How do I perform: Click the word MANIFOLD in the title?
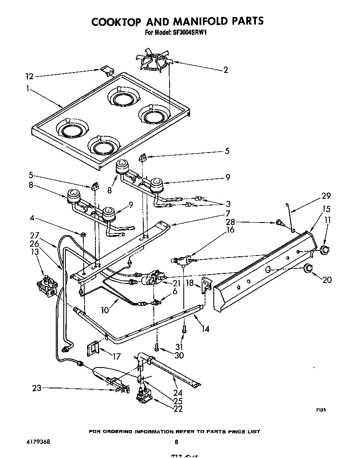[x=191, y=21]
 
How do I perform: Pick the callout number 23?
[x=36, y=388]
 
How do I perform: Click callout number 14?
[x=205, y=329]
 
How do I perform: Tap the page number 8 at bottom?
[x=177, y=442]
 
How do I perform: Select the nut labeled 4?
[x=83, y=235]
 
